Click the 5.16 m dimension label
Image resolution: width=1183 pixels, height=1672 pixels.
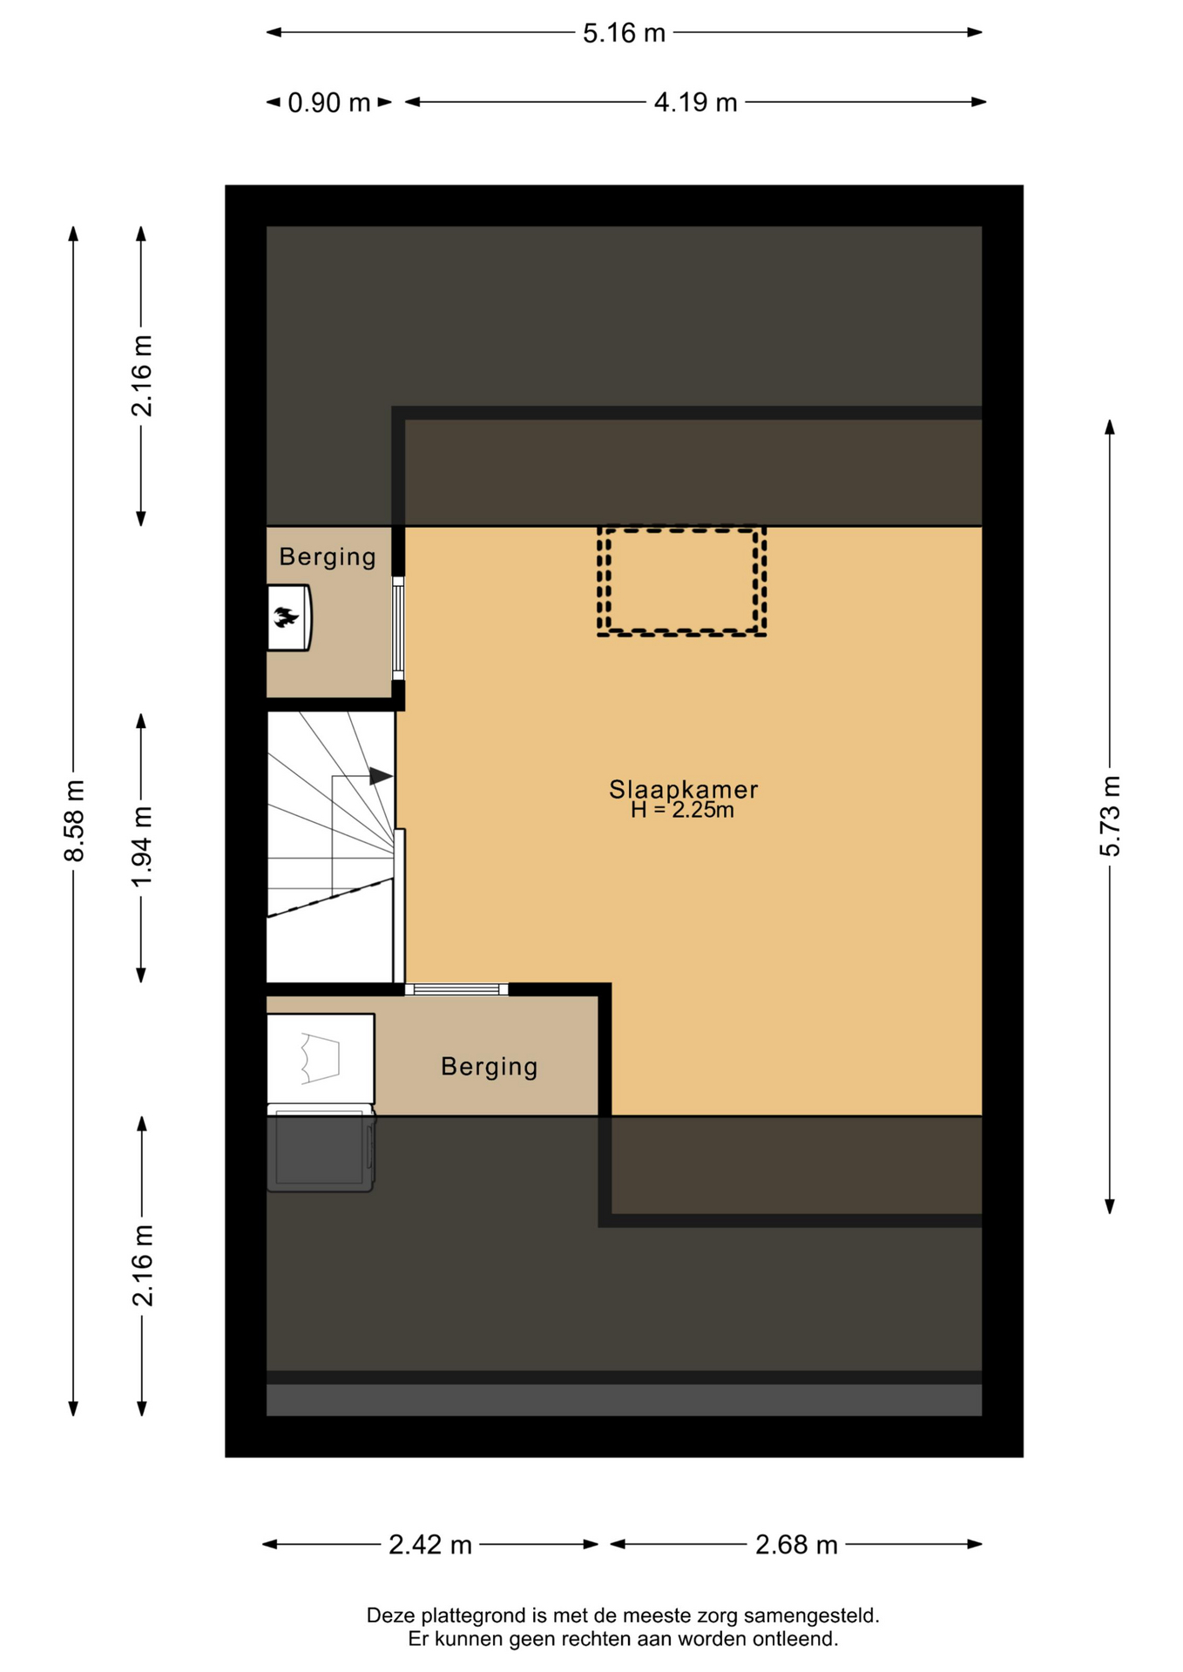point(624,33)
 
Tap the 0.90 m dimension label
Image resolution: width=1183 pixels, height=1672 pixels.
point(329,103)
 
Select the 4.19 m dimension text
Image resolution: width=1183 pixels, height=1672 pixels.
point(695,103)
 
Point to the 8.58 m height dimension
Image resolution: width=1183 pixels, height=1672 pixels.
point(74,820)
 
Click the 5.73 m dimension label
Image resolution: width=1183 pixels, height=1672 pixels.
point(1110,816)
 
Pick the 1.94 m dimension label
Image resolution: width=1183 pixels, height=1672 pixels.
point(142,847)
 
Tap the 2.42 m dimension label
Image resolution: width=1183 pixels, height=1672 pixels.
point(430,1545)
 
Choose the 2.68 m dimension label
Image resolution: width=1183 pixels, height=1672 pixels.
point(796,1545)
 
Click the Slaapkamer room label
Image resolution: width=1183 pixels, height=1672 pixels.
point(683,789)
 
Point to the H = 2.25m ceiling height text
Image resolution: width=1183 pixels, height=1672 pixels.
point(683,811)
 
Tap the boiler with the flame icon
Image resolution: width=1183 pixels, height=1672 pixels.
point(289,617)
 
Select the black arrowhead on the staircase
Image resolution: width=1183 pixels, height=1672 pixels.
point(381,775)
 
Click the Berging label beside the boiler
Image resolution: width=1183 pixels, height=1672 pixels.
point(328,557)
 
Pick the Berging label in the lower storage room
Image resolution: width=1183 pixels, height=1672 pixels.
point(489,1067)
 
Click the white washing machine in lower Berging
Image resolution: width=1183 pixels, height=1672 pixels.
point(321,1059)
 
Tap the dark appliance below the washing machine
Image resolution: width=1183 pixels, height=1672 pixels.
point(321,1149)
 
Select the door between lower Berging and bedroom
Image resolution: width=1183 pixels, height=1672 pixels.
point(456,989)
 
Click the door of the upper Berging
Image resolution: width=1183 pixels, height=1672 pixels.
point(398,628)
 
